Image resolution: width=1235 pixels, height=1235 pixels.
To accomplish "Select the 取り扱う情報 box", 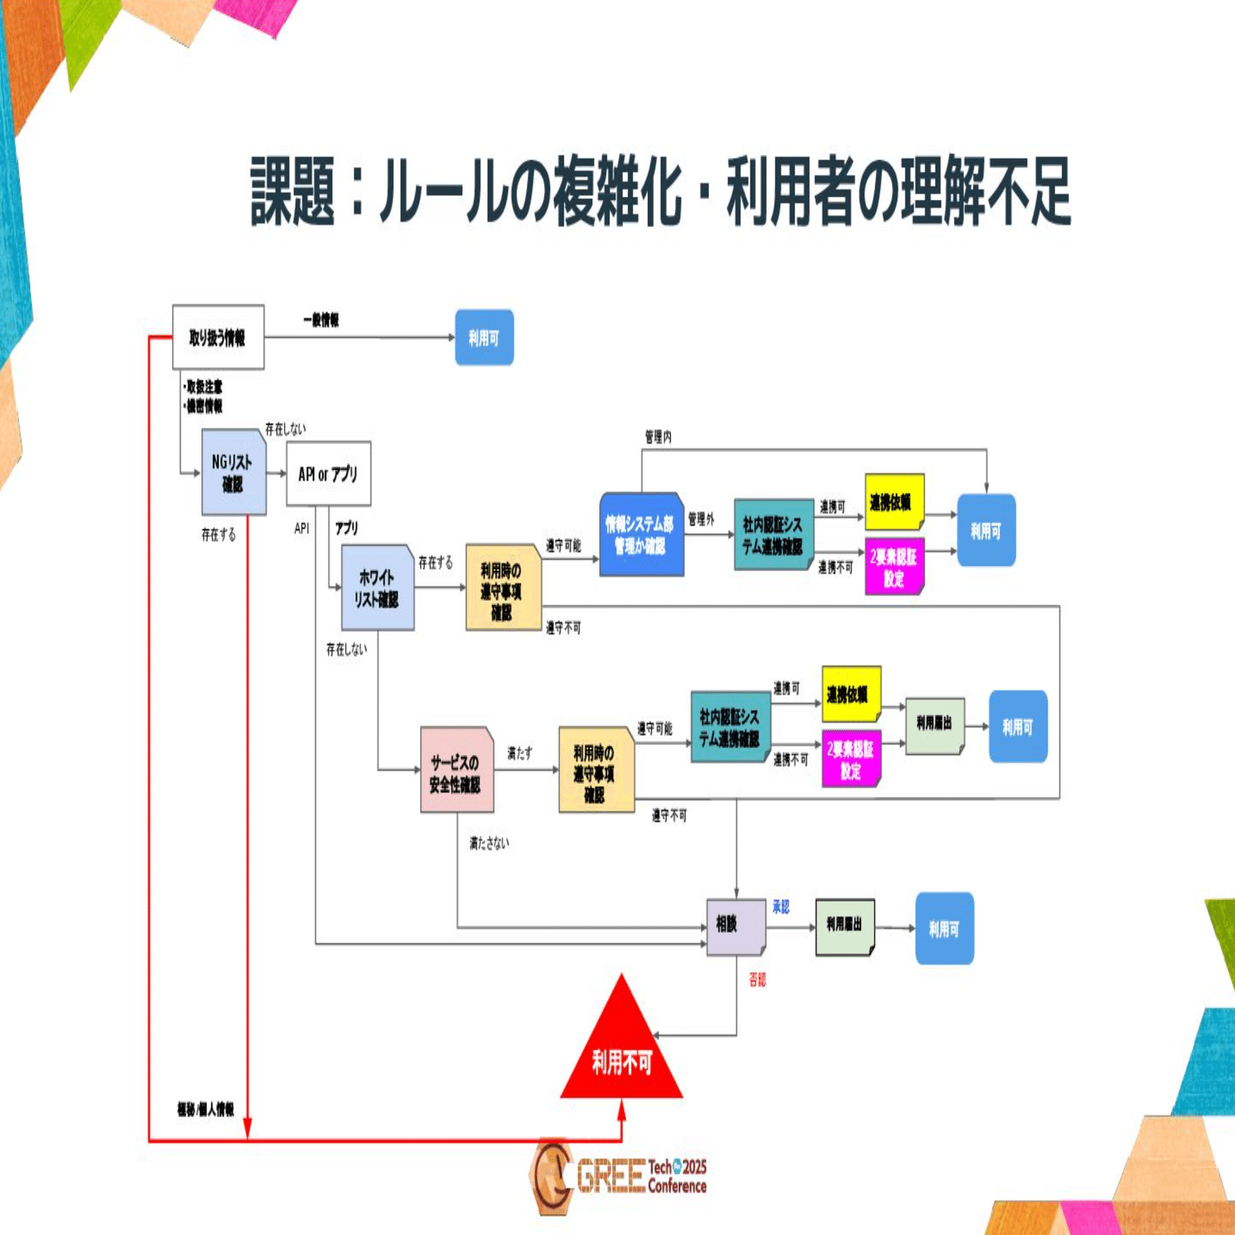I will point(218,337).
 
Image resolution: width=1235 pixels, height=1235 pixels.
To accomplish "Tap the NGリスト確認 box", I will point(233,472).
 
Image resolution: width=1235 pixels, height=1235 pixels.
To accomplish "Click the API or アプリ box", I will point(328,473).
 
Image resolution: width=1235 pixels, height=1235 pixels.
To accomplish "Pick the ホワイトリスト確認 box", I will point(377,588).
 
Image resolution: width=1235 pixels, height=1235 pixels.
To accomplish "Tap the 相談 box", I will point(734,927).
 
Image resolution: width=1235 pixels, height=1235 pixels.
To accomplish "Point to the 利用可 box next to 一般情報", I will point(484,338).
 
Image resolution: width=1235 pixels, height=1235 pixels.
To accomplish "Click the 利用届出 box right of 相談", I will point(845,927).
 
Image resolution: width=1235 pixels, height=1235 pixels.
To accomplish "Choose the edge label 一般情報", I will point(321,321).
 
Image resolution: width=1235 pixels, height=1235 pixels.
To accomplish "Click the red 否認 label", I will point(757,981).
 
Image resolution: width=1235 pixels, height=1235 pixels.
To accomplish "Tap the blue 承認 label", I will point(780,907).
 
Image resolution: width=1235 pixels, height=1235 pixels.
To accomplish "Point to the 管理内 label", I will point(658,437).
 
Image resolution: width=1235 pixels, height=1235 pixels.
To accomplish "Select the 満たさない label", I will point(488,843).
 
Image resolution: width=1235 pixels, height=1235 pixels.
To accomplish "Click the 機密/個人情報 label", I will point(206,1110).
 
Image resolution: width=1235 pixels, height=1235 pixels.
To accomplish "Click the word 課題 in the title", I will point(293,191).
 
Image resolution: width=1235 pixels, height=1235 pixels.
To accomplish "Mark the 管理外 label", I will point(701,520).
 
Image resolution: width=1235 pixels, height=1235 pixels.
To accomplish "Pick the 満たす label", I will point(520,753).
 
